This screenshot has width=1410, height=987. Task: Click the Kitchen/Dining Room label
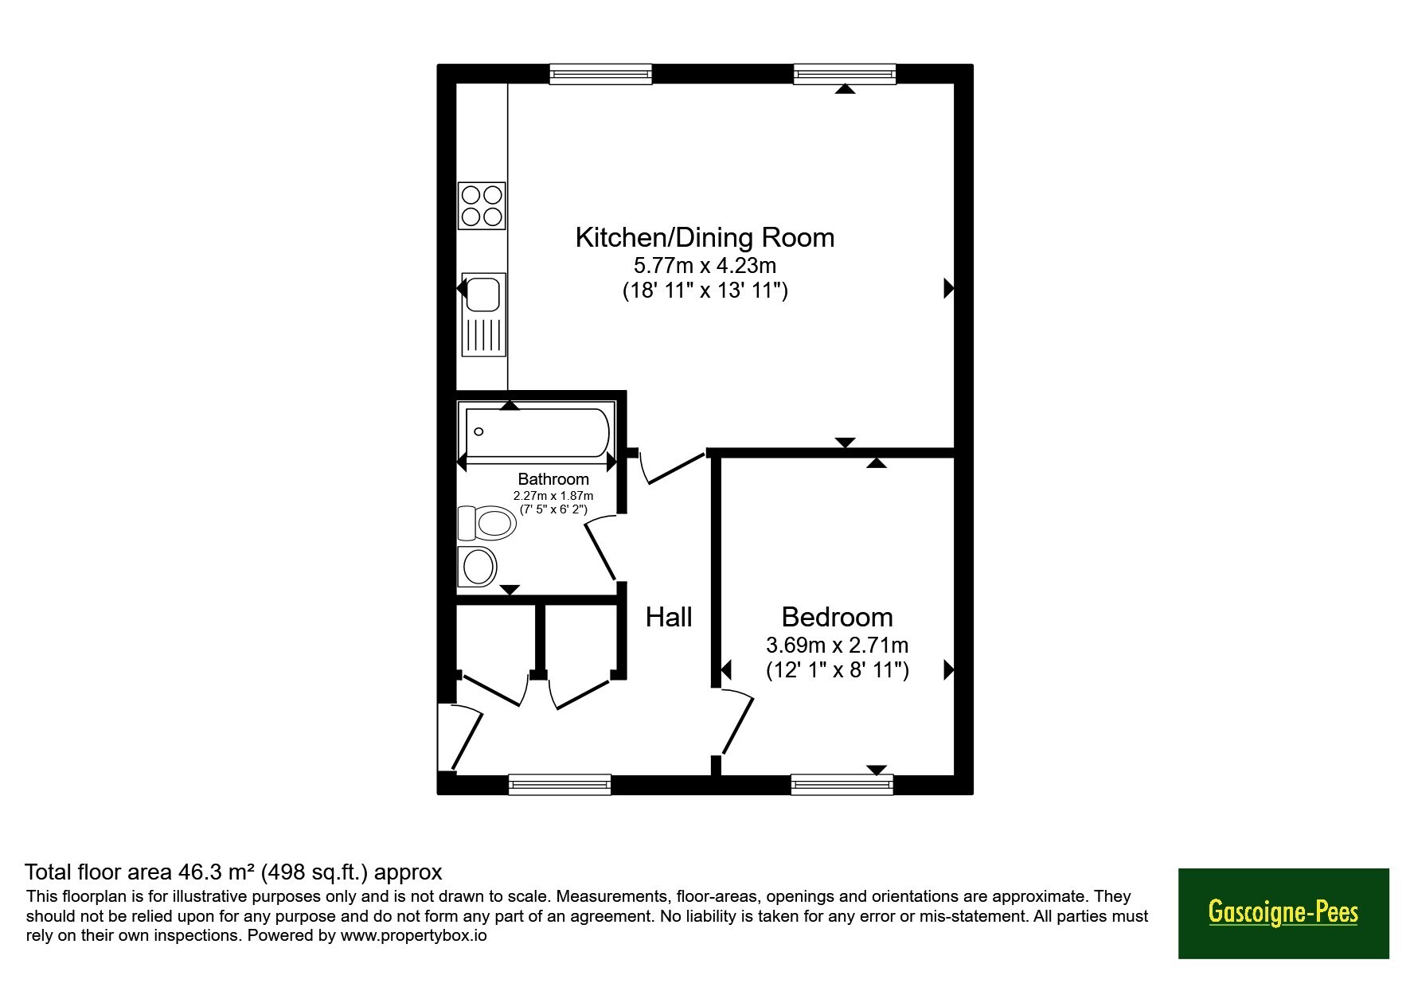click(705, 237)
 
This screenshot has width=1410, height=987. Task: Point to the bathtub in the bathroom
click(537, 433)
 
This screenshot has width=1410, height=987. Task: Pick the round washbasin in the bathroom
click(478, 567)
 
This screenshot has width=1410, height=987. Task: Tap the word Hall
click(669, 617)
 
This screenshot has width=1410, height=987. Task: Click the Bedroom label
click(837, 617)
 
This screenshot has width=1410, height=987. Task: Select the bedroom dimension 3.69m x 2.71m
click(837, 645)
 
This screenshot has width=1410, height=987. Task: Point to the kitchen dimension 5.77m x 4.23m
click(705, 264)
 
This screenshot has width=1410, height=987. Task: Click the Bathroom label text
click(553, 479)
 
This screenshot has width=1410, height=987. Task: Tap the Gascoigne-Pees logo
click(1283, 913)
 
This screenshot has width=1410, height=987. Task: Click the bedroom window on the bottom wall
click(842, 785)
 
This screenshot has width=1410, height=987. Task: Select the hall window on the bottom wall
click(560, 785)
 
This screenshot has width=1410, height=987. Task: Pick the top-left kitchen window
click(601, 74)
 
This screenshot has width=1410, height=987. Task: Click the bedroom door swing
click(736, 722)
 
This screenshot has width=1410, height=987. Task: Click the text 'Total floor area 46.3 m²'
click(140, 872)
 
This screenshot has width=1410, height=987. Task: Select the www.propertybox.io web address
click(413, 935)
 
